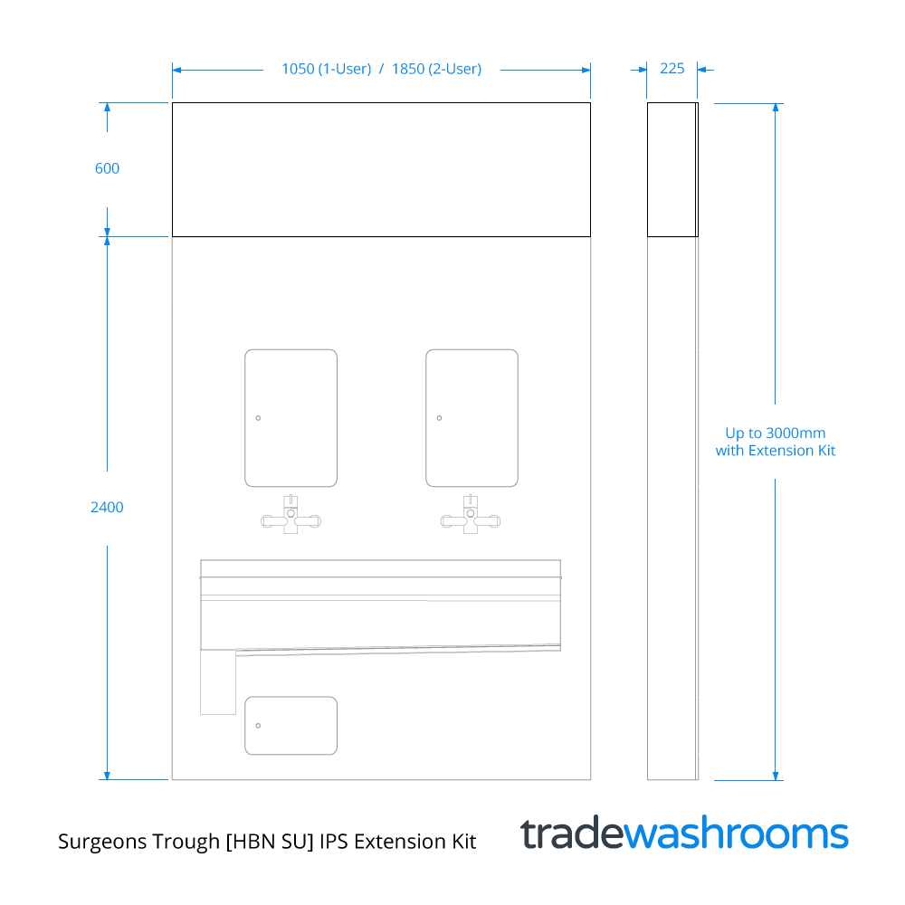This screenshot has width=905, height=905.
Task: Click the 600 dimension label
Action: (x=107, y=168)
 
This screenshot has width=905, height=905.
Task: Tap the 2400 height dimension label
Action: (x=107, y=508)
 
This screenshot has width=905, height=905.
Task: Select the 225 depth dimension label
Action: (x=672, y=69)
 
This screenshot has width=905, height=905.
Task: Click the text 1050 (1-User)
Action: (x=326, y=70)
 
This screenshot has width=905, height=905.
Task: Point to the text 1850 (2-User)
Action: (x=436, y=70)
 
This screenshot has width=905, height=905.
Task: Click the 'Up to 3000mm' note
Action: (x=776, y=433)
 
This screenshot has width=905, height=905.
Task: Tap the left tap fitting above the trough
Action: (x=291, y=514)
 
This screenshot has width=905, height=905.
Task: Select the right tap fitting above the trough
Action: (x=471, y=514)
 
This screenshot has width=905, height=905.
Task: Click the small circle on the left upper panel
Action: (x=258, y=418)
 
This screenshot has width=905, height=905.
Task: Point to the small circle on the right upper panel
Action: (x=439, y=418)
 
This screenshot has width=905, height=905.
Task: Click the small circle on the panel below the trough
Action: (x=258, y=726)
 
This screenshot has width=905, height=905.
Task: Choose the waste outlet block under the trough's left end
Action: (x=218, y=682)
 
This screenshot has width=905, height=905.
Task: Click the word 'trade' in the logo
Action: (x=572, y=834)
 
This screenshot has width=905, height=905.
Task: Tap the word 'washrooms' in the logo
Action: (x=737, y=834)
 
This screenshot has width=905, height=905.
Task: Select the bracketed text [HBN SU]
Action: (x=270, y=842)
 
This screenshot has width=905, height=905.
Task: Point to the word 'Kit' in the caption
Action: (x=464, y=842)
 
